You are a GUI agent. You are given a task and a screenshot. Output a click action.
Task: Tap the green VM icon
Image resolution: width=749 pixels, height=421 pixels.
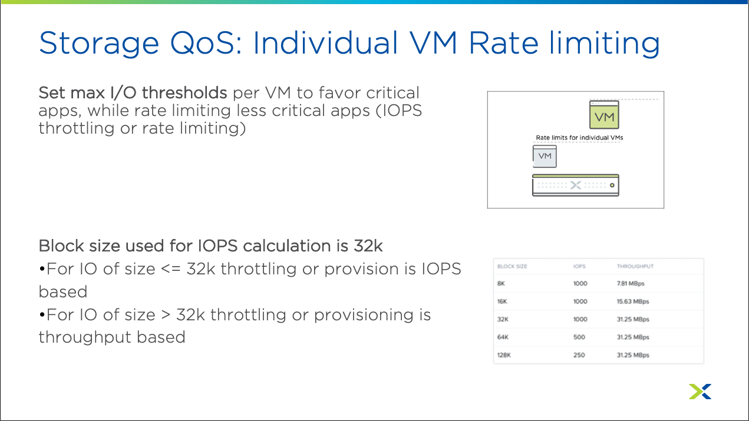click(604, 115)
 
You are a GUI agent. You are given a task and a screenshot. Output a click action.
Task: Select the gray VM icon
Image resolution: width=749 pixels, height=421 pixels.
click(545, 156)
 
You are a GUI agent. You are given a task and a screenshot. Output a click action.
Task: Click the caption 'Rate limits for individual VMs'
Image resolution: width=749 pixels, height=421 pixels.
click(579, 138)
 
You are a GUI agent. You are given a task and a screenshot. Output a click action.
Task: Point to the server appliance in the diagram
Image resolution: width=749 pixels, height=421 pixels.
click(576, 185)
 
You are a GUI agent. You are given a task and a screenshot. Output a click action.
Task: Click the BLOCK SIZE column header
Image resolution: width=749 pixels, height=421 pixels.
click(512, 266)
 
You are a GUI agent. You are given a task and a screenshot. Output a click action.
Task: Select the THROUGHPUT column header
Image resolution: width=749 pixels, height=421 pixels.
click(635, 266)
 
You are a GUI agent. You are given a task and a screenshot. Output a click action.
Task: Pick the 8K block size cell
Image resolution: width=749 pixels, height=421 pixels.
click(501, 284)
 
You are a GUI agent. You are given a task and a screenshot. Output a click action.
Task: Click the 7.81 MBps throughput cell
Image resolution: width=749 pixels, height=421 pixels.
click(631, 284)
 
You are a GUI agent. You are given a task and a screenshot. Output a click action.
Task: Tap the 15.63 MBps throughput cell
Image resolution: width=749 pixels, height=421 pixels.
click(633, 301)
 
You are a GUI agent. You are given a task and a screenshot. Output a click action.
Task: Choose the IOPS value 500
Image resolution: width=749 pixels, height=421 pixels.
click(579, 337)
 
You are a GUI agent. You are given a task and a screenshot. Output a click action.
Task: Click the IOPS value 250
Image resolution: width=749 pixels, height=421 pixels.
click(579, 355)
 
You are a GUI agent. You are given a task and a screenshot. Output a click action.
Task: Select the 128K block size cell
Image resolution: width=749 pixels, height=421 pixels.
click(504, 355)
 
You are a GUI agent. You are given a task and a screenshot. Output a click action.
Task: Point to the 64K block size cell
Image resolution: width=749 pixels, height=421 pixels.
click(503, 337)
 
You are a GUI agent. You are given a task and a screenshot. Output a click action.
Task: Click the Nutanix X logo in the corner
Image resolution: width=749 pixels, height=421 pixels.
click(700, 392)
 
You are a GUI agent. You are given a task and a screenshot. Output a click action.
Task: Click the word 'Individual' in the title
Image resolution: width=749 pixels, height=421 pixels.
click(325, 43)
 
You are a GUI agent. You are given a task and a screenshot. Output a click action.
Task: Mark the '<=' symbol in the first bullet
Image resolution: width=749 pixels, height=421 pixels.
click(171, 269)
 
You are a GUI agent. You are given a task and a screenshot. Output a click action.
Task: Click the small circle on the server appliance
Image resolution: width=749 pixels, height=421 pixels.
click(612, 185)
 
